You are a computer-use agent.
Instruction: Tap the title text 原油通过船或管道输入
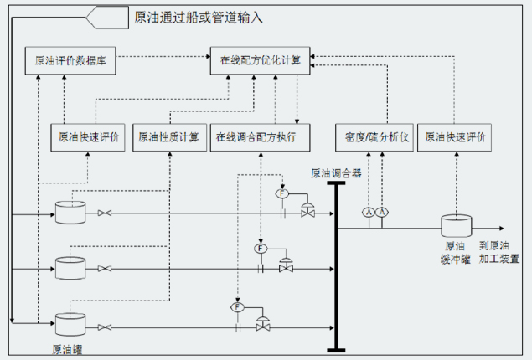(199, 18)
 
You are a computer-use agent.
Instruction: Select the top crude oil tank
(70, 213)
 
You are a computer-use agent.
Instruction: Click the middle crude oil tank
(70, 268)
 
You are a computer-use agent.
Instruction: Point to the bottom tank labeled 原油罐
(70, 324)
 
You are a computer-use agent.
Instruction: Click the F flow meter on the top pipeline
(282, 193)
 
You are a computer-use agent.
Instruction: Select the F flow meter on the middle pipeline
(261, 249)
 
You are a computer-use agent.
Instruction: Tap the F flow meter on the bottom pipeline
(237, 307)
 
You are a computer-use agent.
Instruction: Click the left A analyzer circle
(369, 213)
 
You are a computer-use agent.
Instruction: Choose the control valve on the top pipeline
(307, 210)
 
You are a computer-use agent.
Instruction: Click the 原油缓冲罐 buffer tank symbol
(457, 225)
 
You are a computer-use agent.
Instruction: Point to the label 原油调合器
(336, 173)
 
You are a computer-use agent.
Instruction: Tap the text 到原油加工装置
(498, 252)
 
